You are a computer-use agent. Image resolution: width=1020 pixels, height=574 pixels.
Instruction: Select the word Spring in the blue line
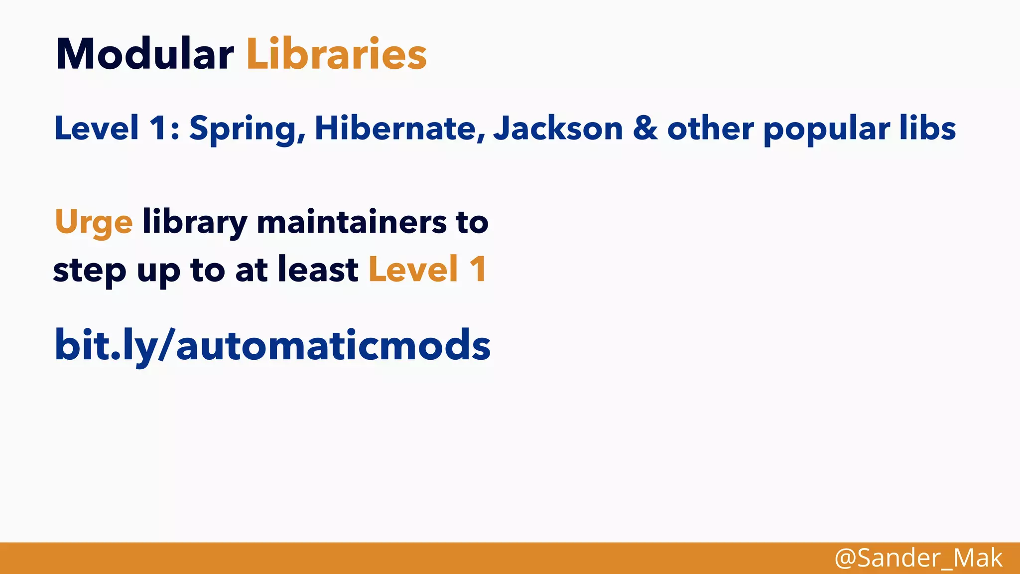247,129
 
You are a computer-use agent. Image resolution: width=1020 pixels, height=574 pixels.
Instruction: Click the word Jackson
558,129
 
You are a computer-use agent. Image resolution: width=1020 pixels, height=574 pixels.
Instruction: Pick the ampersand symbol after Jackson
645,129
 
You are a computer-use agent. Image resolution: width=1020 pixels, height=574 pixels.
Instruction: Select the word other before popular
710,129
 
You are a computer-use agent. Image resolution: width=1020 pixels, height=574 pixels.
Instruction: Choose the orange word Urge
94,222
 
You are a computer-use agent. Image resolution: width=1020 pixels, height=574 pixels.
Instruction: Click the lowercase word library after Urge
195,222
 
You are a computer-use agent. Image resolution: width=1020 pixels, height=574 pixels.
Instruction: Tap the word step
90,271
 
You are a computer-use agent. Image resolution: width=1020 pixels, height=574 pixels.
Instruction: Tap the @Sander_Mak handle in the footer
918,558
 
